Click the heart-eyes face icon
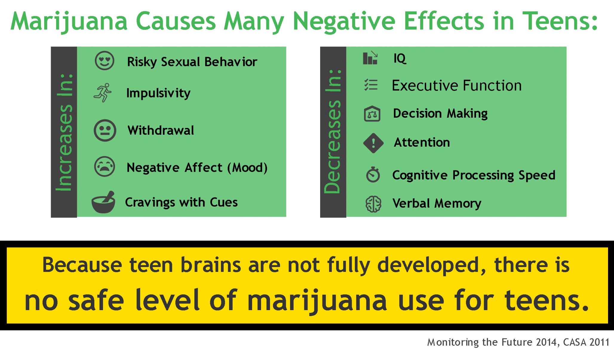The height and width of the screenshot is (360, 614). click(x=105, y=61)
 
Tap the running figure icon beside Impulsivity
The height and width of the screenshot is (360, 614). click(x=102, y=93)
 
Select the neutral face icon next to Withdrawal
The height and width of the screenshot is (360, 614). click(x=105, y=131)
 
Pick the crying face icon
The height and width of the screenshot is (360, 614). click(x=105, y=166)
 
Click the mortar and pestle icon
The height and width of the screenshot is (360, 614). click(x=103, y=202)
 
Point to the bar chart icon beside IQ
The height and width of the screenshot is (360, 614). click(x=370, y=58)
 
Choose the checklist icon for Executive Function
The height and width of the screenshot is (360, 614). click(x=371, y=85)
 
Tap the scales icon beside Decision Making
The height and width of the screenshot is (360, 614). click(x=372, y=114)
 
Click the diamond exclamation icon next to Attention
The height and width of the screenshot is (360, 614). click(x=373, y=143)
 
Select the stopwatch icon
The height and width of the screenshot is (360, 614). click(x=373, y=174)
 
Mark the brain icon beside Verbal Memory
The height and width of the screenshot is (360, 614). click(x=373, y=204)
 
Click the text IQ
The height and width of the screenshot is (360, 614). click(x=400, y=58)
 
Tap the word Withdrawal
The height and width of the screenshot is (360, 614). click(x=161, y=131)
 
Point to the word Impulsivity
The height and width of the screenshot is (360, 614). click(x=158, y=93)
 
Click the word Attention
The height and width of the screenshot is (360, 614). click(x=422, y=143)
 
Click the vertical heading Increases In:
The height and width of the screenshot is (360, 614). click(x=64, y=132)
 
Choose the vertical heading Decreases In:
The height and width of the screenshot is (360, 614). click(x=333, y=131)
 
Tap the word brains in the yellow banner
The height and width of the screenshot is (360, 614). click(x=211, y=265)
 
